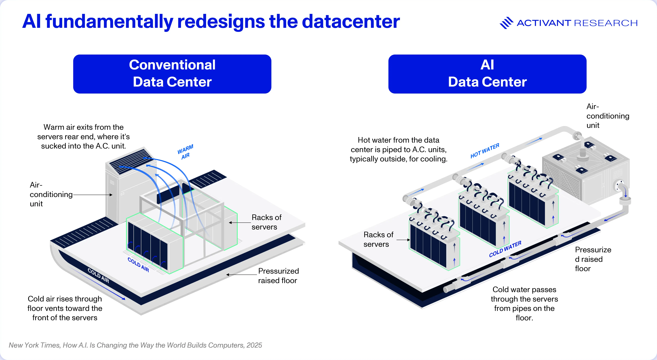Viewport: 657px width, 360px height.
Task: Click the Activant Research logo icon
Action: tap(506, 23)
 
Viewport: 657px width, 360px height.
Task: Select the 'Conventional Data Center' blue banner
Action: tap(172, 74)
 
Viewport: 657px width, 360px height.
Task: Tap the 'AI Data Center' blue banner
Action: tap(487, 74)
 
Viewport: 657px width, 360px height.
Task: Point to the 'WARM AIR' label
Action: tap(185, 152)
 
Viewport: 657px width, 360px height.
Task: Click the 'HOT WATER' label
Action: tap(485, 151)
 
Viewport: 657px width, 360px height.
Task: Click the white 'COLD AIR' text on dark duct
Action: tap(98, 276)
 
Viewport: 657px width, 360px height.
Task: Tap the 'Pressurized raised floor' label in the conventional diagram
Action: tap(278, 276)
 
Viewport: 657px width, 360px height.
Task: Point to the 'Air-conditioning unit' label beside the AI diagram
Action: tap(608, 116)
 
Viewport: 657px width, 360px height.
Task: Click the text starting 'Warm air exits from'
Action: tap(83, 136)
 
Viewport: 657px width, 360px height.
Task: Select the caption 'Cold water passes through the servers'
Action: tap(524, 303)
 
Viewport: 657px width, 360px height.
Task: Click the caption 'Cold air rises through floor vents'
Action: tap(65, 308)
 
